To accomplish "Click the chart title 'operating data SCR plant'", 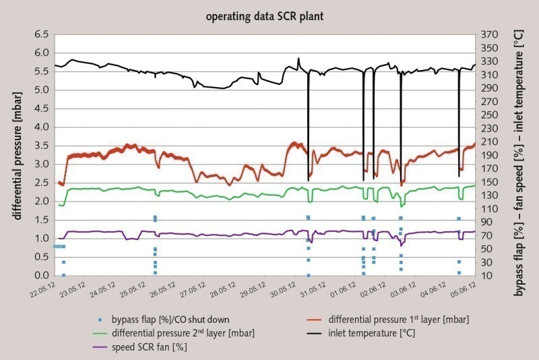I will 269,15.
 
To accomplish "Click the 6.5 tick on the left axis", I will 42,34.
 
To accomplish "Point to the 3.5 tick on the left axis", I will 42,145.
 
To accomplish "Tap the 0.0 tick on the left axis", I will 42,275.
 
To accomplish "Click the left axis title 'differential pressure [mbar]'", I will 15,154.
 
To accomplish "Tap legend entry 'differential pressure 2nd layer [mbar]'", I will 168,332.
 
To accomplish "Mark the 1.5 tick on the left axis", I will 42,220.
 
